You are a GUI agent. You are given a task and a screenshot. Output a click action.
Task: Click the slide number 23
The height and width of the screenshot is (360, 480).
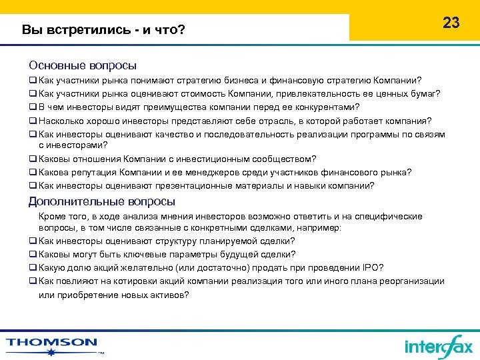451,23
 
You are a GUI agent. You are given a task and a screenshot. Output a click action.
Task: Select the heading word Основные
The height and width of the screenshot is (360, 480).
57,65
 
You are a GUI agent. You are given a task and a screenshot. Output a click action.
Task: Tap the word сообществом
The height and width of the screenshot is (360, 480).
285,159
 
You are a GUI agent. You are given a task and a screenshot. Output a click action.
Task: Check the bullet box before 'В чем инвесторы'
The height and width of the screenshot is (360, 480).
32,107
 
